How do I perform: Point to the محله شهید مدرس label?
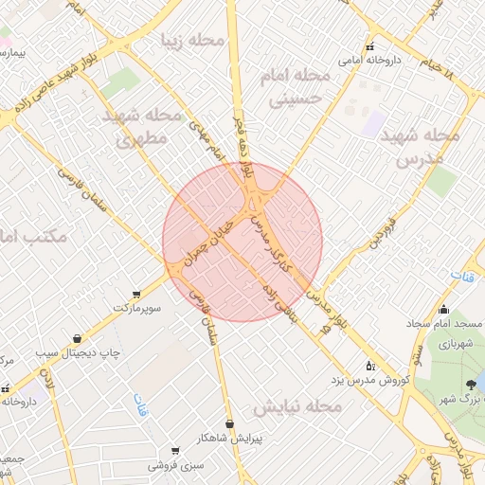[422, 147]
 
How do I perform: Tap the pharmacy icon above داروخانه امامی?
[369, 46]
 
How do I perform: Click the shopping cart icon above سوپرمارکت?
[138, 295]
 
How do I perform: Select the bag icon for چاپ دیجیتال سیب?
[77, 338]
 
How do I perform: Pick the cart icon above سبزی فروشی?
[174, 451]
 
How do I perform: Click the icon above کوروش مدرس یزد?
[369, 365]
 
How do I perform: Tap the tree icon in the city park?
[471, 384]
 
